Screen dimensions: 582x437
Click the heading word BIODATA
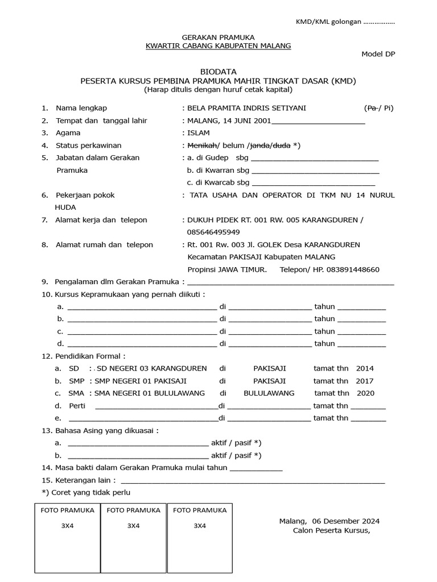[x=218, y=72]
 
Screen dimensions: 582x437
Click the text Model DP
[x=378, y=54]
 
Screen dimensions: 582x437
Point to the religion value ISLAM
[x=198, y=132]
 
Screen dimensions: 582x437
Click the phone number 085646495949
[x=213, y=232]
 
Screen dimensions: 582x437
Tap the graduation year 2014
[x=365, y=368]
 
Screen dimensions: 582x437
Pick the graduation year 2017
[x=365, y=381]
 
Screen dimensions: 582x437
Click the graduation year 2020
[x=366, y=393]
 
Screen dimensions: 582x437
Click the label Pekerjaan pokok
[x=85, y=195]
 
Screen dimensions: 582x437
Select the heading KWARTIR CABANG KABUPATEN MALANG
[x=218, y=45]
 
